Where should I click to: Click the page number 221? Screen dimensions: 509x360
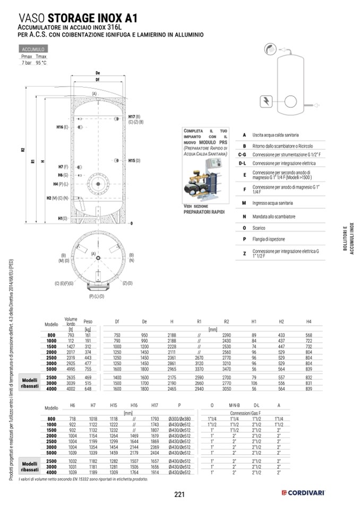tap(179, 495)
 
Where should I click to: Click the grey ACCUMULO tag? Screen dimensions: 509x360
tap(33, 49)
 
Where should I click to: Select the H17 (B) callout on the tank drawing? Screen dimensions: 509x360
tap(134, 116)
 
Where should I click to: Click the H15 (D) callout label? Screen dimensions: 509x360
tap(134, 160)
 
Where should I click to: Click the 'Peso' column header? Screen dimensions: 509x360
tap(88, 321)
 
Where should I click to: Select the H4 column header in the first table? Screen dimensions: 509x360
tap(308, 321)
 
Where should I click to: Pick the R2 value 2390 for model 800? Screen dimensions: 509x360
tap(227, 335)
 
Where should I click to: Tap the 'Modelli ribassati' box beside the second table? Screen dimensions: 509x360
tap(30, 467)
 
